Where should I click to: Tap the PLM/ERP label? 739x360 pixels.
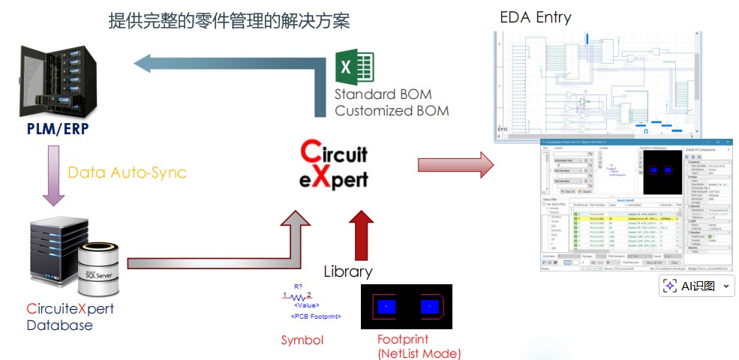[57, 129]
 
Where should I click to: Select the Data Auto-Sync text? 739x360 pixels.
[127, 172]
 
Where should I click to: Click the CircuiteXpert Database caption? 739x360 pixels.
[70, 316]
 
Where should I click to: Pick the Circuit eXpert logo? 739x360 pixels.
[334, 165]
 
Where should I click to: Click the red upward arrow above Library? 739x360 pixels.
[362, 232]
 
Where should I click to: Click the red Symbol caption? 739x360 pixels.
[302, 340]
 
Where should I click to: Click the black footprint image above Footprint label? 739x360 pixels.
[407, 307]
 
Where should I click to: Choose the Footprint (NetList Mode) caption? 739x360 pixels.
[419, 346]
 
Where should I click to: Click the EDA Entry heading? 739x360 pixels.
[535, 16]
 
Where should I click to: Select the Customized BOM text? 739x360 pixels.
[392, 111]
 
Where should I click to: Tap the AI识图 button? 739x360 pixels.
[696, 286]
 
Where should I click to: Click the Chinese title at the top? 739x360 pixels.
[229, 20]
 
